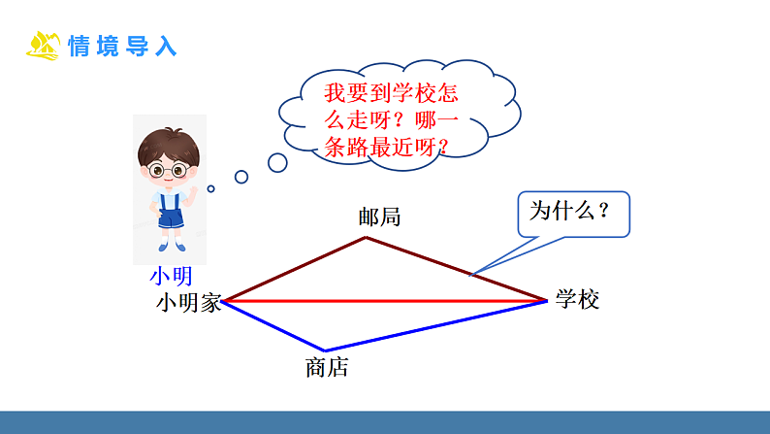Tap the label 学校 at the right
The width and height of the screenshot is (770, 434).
tap(578, 299)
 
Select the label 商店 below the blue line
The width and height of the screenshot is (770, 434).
tap(326, 368)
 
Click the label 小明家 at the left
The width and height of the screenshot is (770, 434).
tap(188, 303)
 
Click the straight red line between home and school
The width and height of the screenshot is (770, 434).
tap(388, 302)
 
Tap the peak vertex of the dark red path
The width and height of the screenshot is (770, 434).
tap(366, 237)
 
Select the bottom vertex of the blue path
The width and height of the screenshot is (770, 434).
tap(325, 351)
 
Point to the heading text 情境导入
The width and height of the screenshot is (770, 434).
tap(123, 46)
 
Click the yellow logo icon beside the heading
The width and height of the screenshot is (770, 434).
tap(44, 45)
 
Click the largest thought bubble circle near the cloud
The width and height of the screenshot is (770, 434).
tap(277, 162)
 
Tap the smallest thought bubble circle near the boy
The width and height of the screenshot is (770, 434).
tap(210, 188)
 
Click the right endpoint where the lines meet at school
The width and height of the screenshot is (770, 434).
tap(547, 301)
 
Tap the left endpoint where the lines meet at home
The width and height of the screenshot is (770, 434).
tap(224, 302)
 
